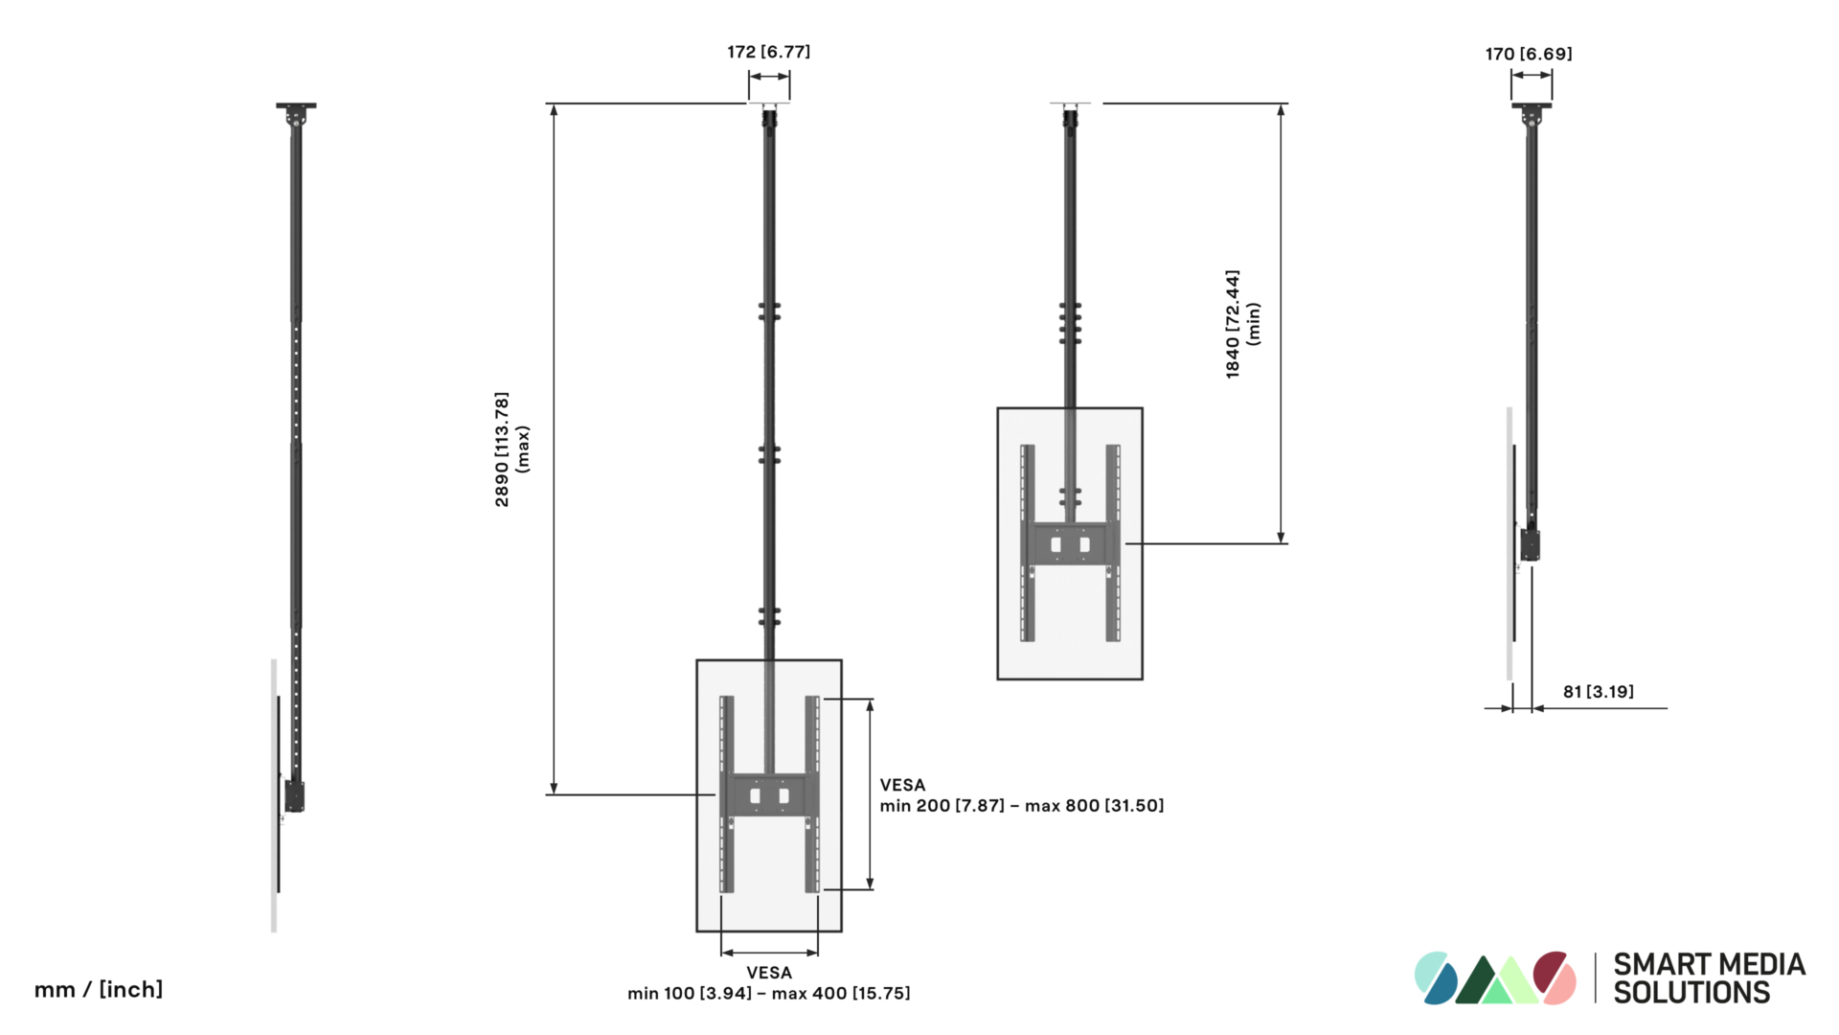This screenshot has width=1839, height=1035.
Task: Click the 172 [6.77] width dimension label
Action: [768, 52]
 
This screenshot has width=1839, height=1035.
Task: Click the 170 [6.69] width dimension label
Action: [1529, 54]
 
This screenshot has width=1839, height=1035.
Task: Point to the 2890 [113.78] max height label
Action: [511, 448]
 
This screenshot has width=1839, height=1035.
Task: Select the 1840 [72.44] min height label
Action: [1242, 324]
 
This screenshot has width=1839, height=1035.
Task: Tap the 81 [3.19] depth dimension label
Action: [1598, 692]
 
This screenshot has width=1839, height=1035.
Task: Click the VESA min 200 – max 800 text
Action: [1021, 795]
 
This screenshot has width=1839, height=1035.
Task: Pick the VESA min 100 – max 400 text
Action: [768, 983]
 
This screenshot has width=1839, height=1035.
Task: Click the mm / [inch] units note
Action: [99, 989]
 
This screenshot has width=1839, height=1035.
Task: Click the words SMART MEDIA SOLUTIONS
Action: [1709, 978]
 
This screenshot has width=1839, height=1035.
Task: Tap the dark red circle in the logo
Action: [1551, 970]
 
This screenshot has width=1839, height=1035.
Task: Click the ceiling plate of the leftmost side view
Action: [296, 105]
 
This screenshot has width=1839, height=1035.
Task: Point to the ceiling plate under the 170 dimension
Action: [1531, 105]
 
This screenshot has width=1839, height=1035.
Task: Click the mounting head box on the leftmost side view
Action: [294, 796]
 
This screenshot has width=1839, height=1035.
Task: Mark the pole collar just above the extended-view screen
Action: [769, 615]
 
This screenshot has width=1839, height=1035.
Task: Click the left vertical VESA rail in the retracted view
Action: [1028, 542]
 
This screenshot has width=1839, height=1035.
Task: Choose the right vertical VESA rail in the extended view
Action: [812, 794]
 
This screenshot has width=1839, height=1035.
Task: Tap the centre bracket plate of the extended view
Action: [769, 794]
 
